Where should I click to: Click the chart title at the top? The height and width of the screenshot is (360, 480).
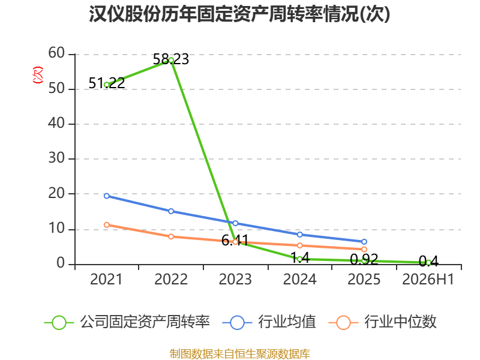(x=239, y=14)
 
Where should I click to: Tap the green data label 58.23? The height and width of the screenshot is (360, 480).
(x=171, y=59)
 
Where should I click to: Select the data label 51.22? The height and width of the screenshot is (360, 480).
(x=107, y=83)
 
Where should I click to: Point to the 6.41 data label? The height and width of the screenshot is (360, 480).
(x=235, y=241)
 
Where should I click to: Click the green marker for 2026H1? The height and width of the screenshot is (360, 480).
(x=428, y=263)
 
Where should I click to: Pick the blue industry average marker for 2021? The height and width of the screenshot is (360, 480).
(x=107, y=196)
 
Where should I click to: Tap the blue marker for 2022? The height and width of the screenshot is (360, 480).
(x=171, y=211)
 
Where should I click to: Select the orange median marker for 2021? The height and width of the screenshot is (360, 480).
(x=107, y=225)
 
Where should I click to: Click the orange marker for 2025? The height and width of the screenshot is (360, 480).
(x=364, y=250)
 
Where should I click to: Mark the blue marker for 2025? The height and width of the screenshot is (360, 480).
(x=364, y=242)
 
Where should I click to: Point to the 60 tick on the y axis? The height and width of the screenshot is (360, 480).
(x=56, y=53)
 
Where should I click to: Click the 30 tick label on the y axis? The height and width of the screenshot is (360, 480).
(x=56, y=158)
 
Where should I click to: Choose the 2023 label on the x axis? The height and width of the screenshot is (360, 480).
(x=235, y=280)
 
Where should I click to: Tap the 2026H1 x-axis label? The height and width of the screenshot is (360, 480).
(x=428, y=280)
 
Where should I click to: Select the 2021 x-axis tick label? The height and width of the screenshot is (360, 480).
(x=106, y=280)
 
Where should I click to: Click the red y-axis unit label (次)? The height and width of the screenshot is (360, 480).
(x=38, y=75)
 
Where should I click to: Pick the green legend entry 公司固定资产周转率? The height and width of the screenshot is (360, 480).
(x=127, y=322)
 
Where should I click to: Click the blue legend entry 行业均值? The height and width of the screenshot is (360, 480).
(x=269, y=322)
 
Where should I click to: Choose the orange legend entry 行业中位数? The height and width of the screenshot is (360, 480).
(x=383, y=322)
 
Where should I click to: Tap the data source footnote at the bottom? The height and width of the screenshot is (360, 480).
(x=240, y=354)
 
